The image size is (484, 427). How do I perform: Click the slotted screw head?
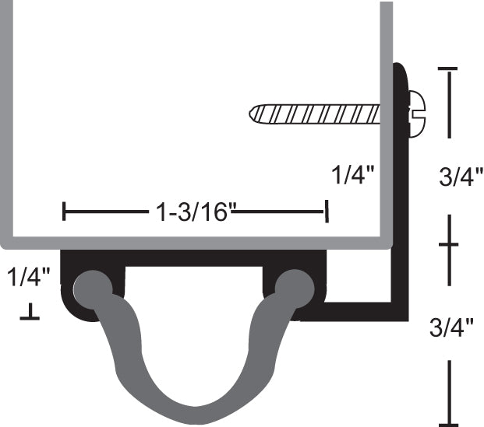pyautogui.click(x=418, y=114)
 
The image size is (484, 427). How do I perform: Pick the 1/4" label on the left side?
pyautogui.click(x=30, y=275)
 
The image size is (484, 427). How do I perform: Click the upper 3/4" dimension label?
pyautogui.click(x=461, y=177)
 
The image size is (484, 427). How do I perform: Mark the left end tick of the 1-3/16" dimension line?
pyautogui.click(x=65, y=211)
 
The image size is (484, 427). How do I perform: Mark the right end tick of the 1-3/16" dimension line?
pyautogui.click(x=327, y=211)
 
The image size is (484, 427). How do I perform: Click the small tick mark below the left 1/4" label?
pyautogui.click(x=30, y=314)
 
